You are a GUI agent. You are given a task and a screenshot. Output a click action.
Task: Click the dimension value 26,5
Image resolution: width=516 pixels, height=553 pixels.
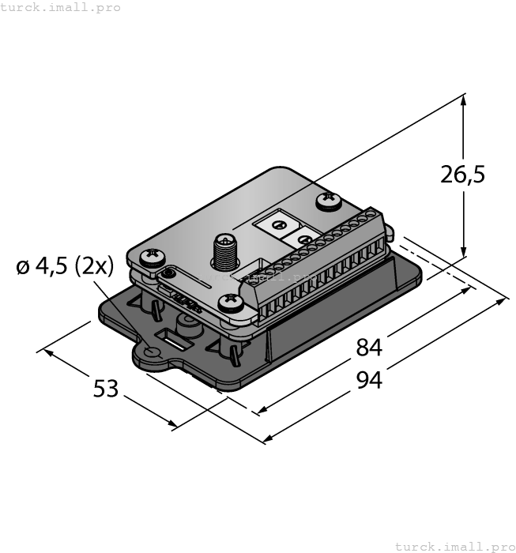[x=463, y=175]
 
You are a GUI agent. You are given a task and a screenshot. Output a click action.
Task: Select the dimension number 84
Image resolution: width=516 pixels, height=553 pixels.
[x=369, y=347]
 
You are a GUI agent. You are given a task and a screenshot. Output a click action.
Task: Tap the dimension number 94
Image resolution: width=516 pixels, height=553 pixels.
[x=369, y=380]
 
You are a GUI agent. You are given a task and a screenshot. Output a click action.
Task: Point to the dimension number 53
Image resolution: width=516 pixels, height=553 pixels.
[x=106, y=389]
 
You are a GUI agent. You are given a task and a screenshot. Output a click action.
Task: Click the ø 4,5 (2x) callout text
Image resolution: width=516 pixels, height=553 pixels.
[x=64, y=267]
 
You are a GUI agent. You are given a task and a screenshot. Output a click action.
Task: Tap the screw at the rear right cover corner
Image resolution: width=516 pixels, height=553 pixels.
[x=328, y=202]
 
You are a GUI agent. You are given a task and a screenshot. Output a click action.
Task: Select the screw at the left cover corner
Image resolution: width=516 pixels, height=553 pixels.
[x=151, y=257]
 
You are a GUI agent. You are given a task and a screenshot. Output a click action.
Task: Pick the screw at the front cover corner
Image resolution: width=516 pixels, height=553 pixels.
[x=231, y=302]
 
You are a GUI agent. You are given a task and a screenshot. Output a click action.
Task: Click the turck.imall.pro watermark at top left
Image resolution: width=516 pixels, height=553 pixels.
[x=61, y=7]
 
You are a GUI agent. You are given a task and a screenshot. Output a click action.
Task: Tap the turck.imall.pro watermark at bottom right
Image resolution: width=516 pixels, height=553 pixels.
[x=454, y=546]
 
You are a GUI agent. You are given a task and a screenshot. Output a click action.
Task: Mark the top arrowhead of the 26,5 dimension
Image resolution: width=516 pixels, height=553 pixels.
[x=464, y=100]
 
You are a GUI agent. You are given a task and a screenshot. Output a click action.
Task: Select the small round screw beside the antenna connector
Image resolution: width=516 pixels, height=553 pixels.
[x=168, y=274]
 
